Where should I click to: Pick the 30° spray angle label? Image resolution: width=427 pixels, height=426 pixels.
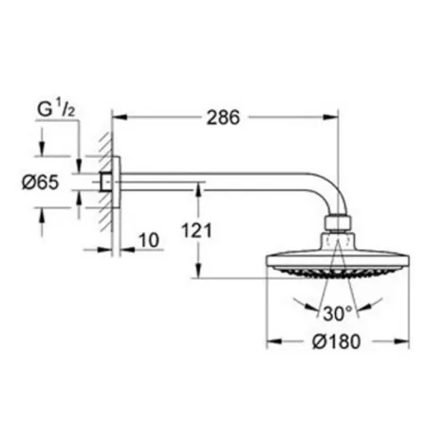click(x=339, y=313)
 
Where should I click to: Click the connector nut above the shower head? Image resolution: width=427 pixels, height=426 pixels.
click(x=337, y=225)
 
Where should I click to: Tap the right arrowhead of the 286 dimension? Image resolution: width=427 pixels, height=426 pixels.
click(x=332, y=118)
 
